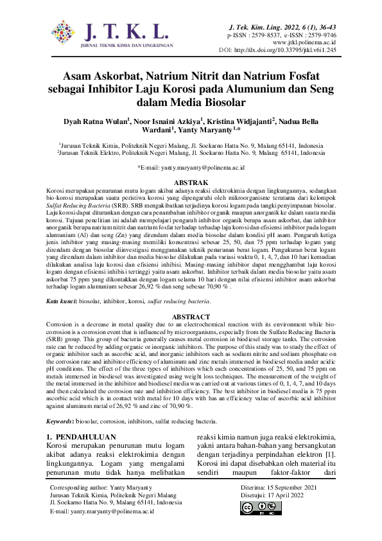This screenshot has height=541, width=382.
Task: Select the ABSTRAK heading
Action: [191, 183]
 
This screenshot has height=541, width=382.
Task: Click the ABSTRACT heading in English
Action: [191, 317]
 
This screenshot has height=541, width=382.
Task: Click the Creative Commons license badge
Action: [257, 508]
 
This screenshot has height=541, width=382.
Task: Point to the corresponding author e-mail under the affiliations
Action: [191, 167]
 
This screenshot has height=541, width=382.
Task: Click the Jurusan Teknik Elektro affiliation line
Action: [191, 154]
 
